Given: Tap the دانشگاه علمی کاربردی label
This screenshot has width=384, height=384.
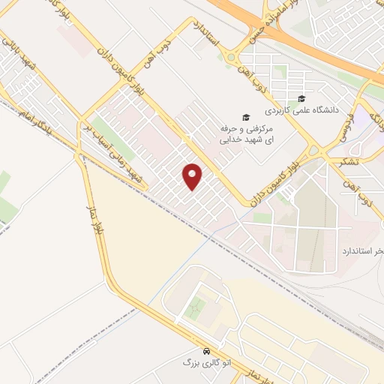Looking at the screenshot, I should click(330, 109).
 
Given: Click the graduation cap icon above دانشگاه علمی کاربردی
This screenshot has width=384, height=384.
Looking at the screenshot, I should click(301, 98).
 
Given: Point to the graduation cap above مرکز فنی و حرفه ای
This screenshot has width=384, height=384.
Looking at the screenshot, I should click(244, 117).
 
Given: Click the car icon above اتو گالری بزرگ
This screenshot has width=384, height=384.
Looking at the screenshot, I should click(205, 351).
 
